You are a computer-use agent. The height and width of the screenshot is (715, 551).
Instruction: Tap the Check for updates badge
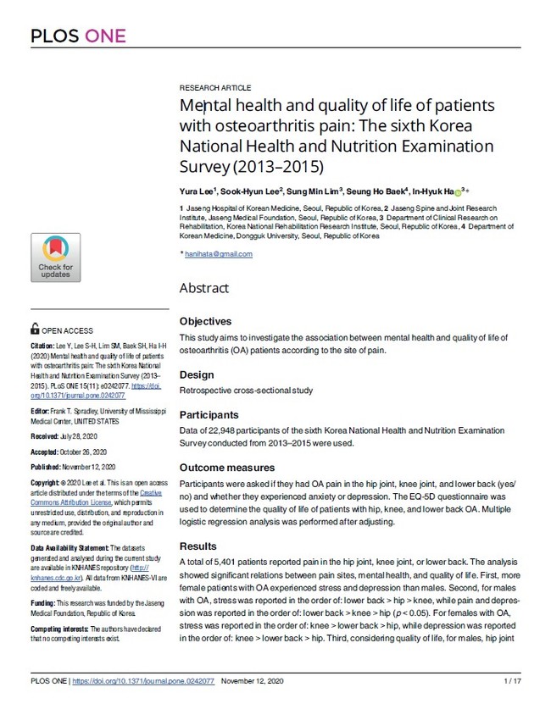click(x=55, y=258)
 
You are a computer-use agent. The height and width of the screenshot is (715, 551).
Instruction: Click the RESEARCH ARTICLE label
click(x=215, y=88)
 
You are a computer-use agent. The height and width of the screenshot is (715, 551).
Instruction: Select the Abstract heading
click(x=203, y=288)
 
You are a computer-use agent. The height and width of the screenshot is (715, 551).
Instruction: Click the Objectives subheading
click(x=205, y=322)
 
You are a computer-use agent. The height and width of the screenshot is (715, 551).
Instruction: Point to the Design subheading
click(x=197, y=375)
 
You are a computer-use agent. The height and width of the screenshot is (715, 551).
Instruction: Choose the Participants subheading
click(x=209, y=415)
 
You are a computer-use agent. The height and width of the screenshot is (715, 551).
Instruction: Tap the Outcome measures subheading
click(x=227, y=468)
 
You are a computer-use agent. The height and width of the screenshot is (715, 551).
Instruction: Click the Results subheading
click(x=198, y=546)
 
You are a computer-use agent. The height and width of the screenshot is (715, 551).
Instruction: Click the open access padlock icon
click(x=34, y=330)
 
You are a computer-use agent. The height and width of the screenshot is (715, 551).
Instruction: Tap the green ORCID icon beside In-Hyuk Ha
click(x=459, y=192)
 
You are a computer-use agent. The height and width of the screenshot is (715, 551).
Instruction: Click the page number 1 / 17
click(x=511, y=681)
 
